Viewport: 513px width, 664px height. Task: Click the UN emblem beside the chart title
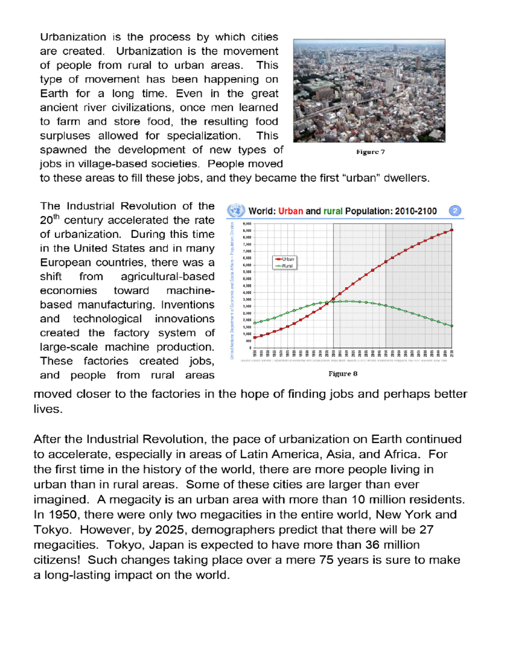coord(236,211)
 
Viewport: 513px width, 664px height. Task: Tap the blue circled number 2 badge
coord(455,211)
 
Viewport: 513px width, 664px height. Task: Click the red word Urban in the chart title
coord(291,211)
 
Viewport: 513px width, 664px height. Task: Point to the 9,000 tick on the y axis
coord(247,224)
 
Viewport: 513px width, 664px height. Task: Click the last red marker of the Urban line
coord(452,230)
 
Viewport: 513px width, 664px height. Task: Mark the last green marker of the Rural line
coord(452,326)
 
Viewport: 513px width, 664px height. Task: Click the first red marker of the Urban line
coord(255,337)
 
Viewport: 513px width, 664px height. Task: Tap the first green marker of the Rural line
coord(255,323)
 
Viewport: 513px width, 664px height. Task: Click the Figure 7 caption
coord(370,152)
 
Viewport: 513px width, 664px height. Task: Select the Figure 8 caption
coord(343,374)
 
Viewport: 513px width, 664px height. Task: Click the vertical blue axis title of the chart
coord(232,291)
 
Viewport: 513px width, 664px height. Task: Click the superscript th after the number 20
coord(56,217)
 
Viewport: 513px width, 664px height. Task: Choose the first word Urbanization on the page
coord(73,37)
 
